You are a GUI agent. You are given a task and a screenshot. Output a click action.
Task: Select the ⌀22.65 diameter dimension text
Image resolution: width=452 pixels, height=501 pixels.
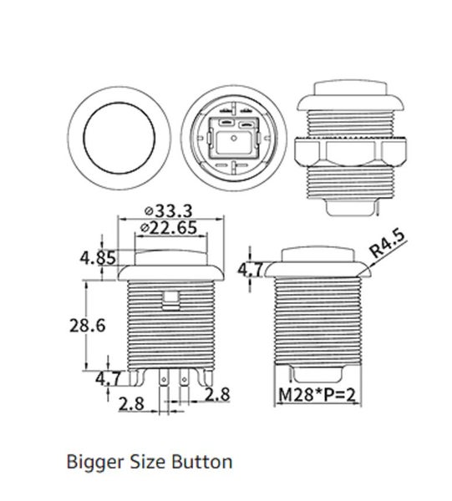coord(173,227)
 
